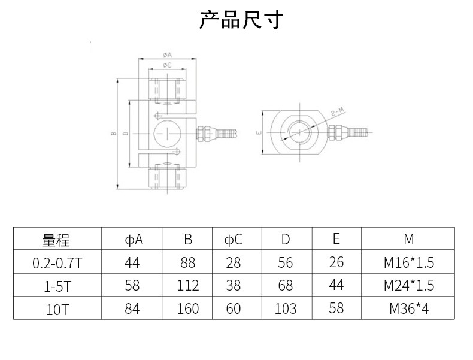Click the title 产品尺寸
click(x=239, y=20)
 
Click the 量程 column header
click(x=56, y=240)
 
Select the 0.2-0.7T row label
click(x=56, y=262)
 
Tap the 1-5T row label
click(x=56, y=286)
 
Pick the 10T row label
click(x=56, y=309)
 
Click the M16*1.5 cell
click(x=408, y=262)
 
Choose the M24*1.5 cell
click(x=408, y=286)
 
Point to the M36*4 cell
click(x=408, y=309)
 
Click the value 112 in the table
click(x=188, y=286)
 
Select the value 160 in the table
click(x=188, y=309)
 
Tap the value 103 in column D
click(x=286, y=309)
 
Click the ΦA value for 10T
click(x=132, y=309)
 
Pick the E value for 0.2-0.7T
click(x=336, y=262)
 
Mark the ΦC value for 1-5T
click(x=234, y=286)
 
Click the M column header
click(x=408, y=240)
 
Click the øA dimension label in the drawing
click(x=166, y=55)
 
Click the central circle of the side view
click(x=166, y=134)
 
